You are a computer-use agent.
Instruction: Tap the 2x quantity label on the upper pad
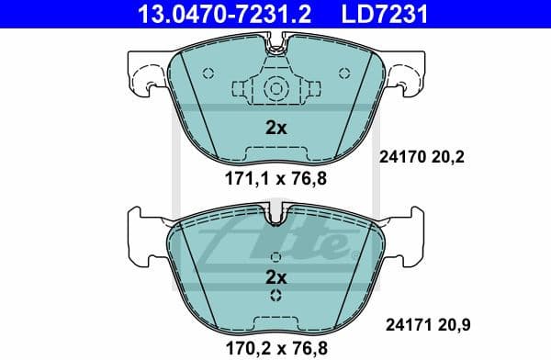click(275, 129)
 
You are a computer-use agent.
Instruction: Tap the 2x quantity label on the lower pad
click(275, 276)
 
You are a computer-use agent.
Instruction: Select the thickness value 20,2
click(447, 157)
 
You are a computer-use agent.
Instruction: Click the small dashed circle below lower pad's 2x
click(275, 296)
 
